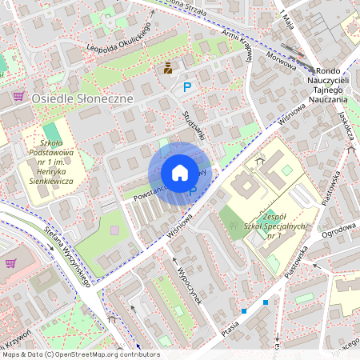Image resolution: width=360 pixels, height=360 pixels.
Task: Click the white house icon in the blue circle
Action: click(179, 173)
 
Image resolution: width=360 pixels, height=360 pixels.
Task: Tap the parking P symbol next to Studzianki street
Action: click(187, 87)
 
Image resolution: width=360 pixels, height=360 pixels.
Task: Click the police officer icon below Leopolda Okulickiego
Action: click(168, 69)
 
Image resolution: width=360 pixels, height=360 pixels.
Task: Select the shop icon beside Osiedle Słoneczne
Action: click(18, 97)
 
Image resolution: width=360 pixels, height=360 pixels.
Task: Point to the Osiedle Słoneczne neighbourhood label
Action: click(82, 97)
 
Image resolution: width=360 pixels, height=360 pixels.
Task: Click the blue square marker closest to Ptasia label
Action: click(243, 310)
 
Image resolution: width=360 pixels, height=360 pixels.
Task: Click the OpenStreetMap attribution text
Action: click(80, 354)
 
